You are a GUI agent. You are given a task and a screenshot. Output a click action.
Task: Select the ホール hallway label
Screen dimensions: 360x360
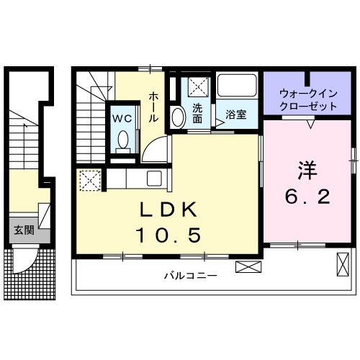coord(154,107)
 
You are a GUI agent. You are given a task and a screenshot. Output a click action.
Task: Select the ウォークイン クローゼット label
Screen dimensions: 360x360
coord(308,99)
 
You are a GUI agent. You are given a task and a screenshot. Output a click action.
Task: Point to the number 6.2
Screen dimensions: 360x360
coord(307,196)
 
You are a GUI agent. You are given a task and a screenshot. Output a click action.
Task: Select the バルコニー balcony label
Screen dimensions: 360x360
coord(190,275)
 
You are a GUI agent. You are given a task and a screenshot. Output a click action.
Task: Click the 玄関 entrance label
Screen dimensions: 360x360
coord(24,230)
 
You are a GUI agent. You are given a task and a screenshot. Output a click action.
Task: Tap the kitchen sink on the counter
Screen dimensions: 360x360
coord(154,179)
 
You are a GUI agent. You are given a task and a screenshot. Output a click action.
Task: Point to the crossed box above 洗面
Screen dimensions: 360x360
coord(197,87)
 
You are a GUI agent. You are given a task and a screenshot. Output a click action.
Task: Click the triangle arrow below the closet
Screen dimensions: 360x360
coord(310,124)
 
